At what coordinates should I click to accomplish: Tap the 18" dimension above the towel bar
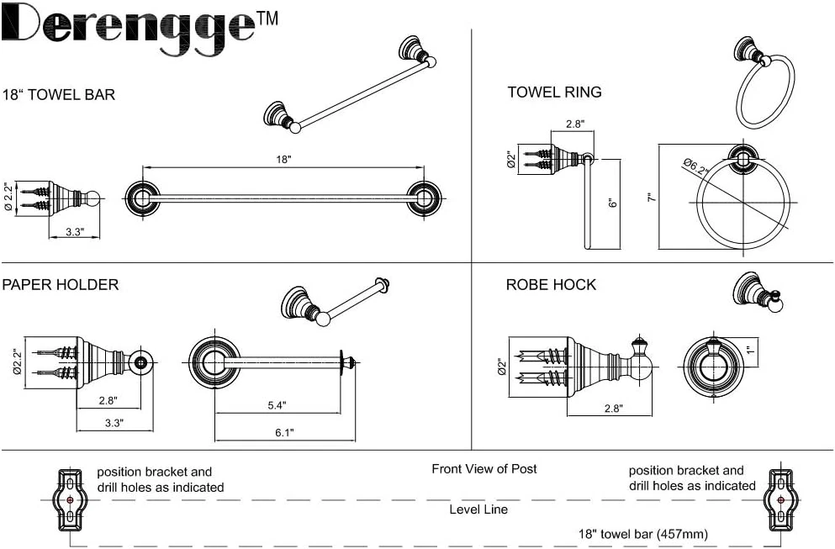coord(283,159)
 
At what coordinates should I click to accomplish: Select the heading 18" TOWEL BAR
coord(59,95)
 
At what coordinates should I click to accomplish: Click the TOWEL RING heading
coord(554,92)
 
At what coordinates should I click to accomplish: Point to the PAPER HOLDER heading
coord(61,285)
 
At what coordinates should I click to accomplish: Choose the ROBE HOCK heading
coord(551,285)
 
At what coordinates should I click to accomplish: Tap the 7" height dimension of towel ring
coord(650,198)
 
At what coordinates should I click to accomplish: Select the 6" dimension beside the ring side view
coord(613,203)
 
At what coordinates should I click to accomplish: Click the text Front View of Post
coord(484,469)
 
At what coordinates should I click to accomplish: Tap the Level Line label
coord(478,509)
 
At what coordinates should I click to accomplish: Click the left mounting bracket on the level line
coord(70,500)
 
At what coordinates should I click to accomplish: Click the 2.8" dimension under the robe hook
coord(613,408)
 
